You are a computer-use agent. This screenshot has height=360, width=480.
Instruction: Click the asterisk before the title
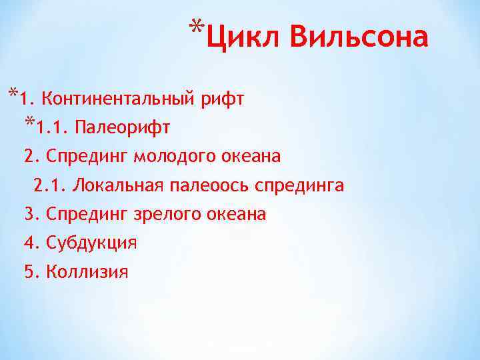(195, 28)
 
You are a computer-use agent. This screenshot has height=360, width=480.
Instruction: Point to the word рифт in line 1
(222, 101)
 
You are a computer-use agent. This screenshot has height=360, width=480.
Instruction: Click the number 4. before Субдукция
(32, 243)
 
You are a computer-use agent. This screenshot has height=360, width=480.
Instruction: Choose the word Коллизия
(87, 272)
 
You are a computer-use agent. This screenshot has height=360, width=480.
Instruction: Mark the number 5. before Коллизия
(32, 271)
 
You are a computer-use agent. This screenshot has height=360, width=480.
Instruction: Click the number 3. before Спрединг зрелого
(32, 214)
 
